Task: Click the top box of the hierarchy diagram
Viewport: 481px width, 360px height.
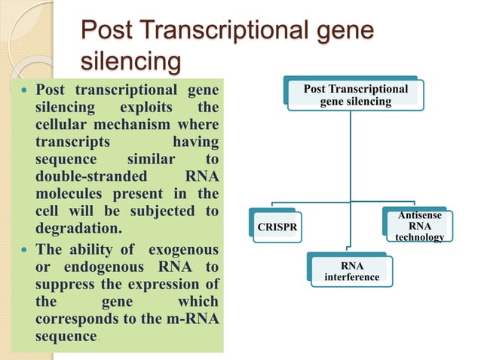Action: [354, 95]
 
